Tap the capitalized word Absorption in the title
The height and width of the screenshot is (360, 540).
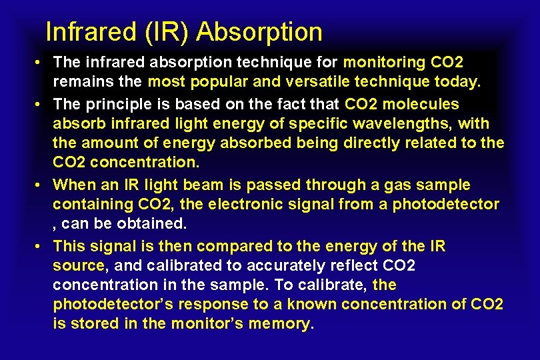[x=260, y=31]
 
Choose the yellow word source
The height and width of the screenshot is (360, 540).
[x=78, y=265]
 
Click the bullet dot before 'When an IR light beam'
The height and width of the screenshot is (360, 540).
[x=40, y=185]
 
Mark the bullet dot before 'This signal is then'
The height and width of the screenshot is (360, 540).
[x=40, y=246]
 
